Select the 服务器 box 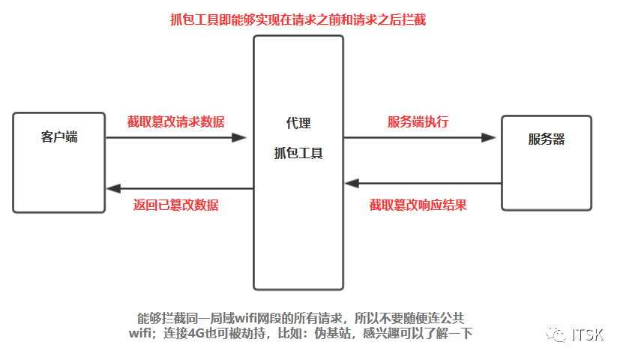tap(547, 163)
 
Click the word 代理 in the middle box tap(298, 123)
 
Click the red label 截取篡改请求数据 tap(175, 121)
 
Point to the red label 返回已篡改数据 tap(175, 205)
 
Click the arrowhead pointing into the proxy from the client tap(240, 138)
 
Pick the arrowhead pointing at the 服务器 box tap(489, 138)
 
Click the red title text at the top tap(298, 19)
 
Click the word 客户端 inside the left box tap(59, 137)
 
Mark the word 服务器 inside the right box tap(547, 139)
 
